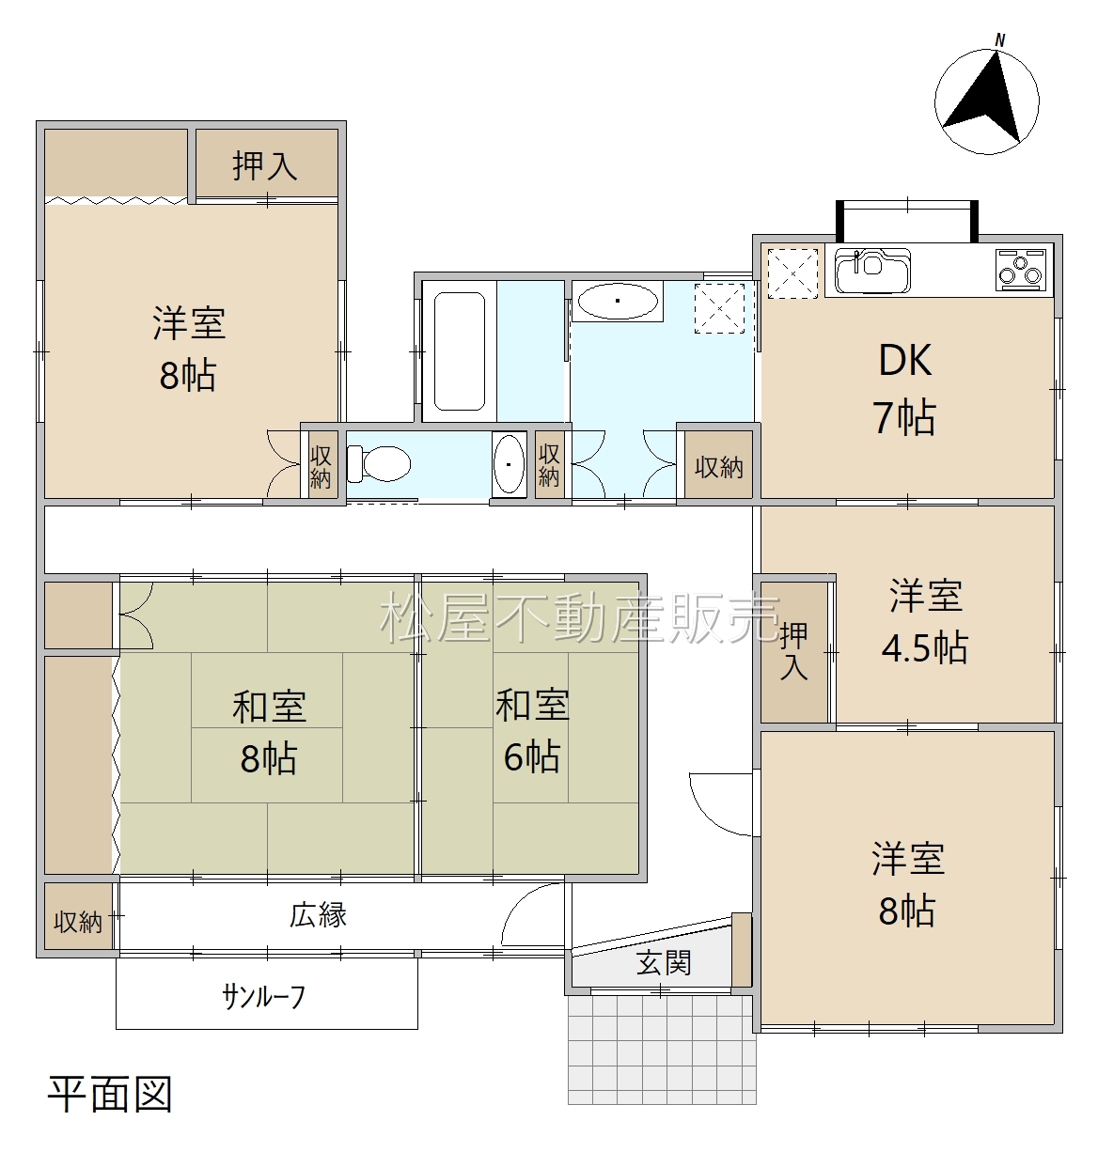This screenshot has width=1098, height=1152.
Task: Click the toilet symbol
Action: click(378, 464)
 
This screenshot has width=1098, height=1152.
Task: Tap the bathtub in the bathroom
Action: click(459, 351)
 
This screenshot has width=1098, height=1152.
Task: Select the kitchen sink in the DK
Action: click(872, 271)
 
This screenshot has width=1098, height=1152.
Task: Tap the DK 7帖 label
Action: click(905, 388)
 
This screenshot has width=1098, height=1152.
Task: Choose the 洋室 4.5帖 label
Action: click(924, 622)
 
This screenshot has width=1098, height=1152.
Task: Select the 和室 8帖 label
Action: click(269, 733)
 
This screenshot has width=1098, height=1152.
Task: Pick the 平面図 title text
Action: click(110, 1094)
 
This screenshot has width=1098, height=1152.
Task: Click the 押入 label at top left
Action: click(265, 165)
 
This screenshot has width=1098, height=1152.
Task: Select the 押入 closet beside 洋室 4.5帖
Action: click(794, 652)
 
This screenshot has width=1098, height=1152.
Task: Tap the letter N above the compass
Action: click(1000, 40)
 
